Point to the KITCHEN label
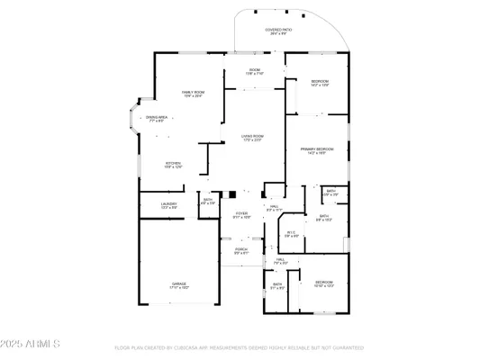173,163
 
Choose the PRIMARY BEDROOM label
318,148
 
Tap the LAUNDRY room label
169,204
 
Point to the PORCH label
241,249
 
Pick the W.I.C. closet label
291,233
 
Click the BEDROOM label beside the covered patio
320,82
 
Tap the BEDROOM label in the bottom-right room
322,282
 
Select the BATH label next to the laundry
207,200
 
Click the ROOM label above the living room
255,70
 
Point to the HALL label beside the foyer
275,206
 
